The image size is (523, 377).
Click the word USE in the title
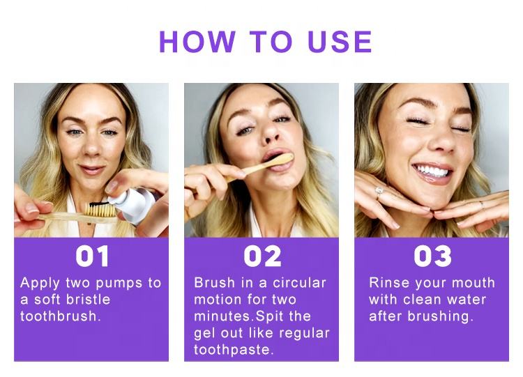tap(340, 42)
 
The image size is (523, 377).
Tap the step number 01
tap(92, 256)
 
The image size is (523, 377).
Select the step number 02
tap(262, 256)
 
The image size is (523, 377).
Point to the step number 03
tap(432, 256)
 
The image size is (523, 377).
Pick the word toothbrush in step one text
tap(59, 316)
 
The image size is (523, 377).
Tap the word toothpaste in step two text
tap(233, 348)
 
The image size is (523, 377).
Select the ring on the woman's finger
tap(379, 190)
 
